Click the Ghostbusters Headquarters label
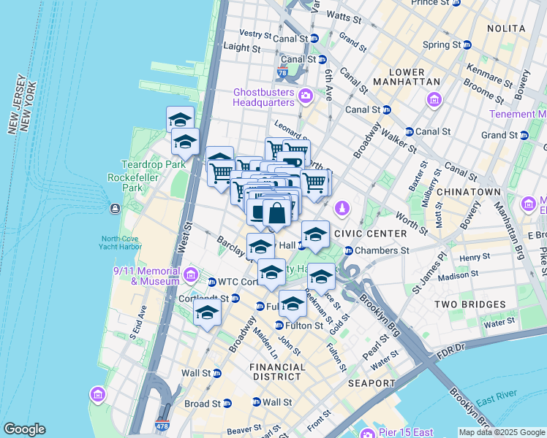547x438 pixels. point(264,97)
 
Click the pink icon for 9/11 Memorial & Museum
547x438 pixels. point(192,275)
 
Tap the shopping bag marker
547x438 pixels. point(277,214)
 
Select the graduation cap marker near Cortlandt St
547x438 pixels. point(208,313)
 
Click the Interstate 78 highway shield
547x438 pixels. point(283,74)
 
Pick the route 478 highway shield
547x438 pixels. point(162,424)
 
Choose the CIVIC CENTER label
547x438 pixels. point(369,234)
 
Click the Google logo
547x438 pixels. point(25,429)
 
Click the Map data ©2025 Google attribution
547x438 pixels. point(501,432)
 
